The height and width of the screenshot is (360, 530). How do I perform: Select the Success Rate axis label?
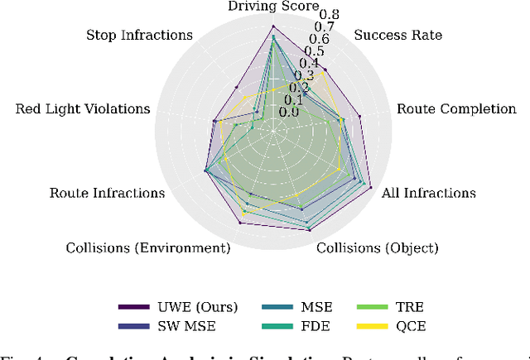pos(397,35)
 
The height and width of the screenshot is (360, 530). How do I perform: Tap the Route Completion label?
pos(456,108)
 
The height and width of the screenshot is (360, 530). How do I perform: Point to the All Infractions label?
pos(428,193)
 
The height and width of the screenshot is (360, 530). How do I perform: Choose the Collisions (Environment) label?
pos(148,247)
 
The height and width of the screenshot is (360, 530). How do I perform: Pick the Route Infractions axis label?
pos(107,193)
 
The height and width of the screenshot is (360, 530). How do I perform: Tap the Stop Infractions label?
pos(139,35)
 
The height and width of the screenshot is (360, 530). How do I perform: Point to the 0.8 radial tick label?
pos(330,14)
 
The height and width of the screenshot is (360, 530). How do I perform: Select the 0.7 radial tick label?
pos(325,26)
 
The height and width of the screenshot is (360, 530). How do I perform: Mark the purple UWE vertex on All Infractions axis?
pos(369,185)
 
